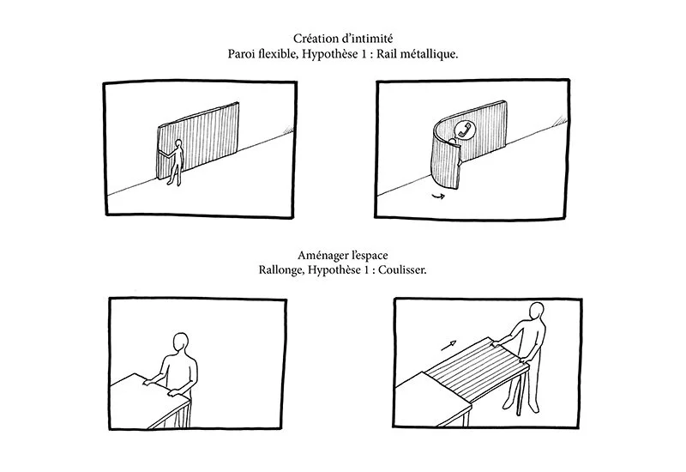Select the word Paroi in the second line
(x=244, y=53)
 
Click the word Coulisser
(x=400, y=269)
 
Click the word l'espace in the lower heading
(x=370, y=254)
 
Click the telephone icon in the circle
(x=464, y=130)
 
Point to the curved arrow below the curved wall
(x=439, y=196)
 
